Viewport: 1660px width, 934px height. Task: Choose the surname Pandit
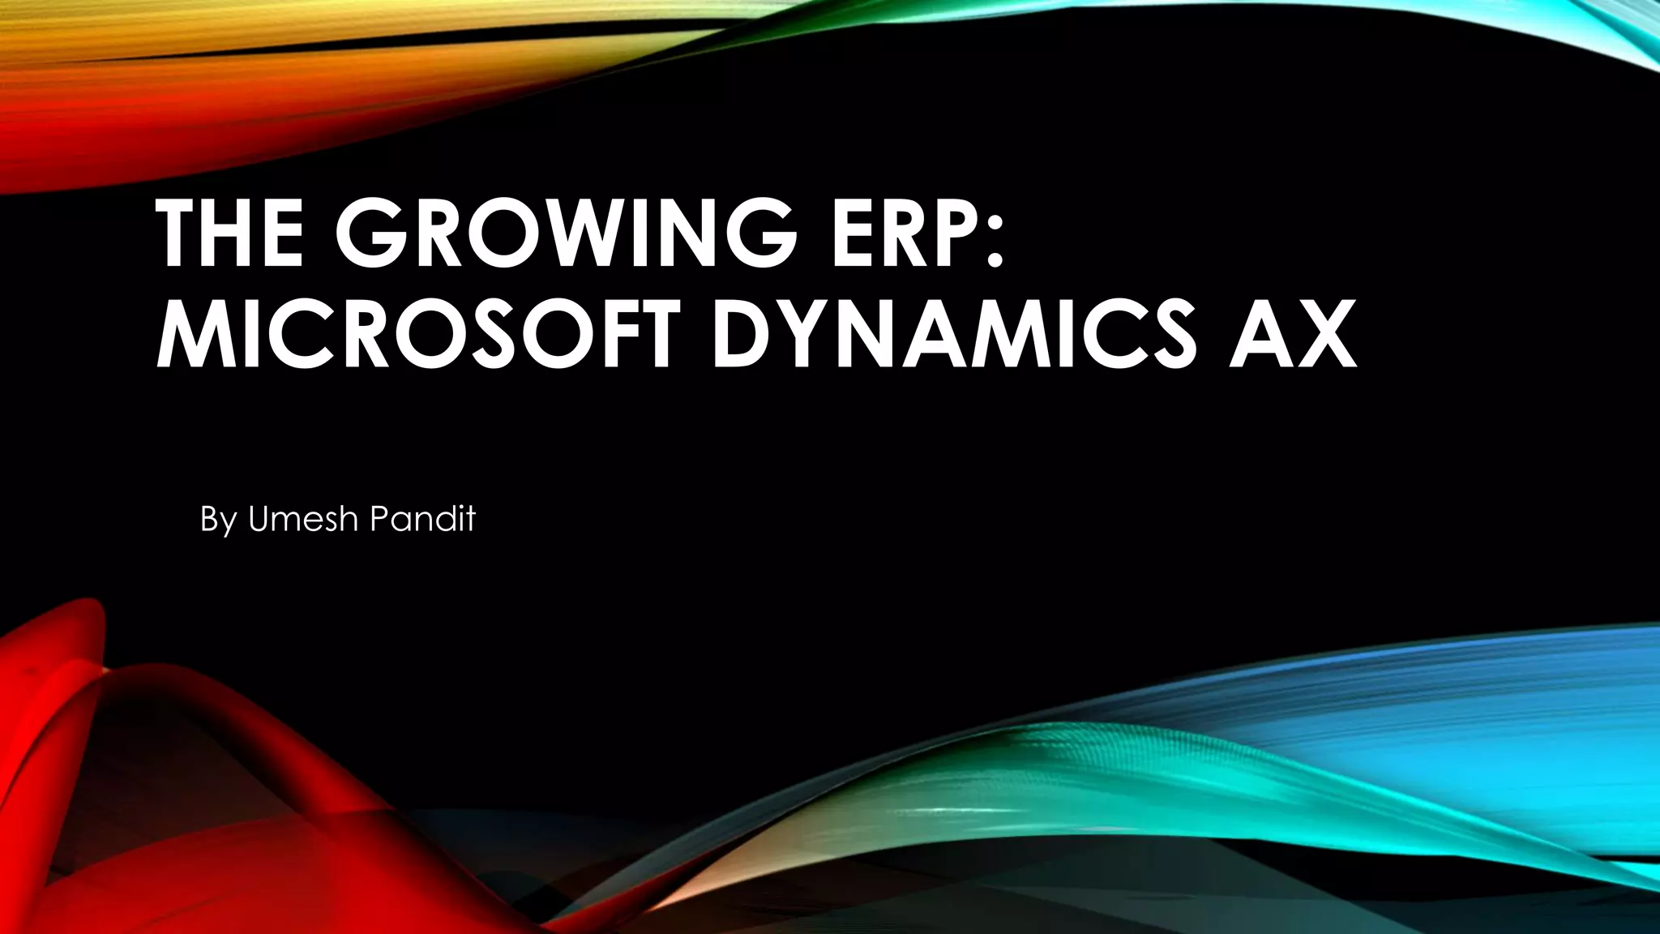pyautogui.click(x=421, y=518)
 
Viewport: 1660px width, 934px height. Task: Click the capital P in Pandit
pyautogui.click(x=377, y=518)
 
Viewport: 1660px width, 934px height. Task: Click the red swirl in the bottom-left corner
pyautogui.click(x=122, y=770)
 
